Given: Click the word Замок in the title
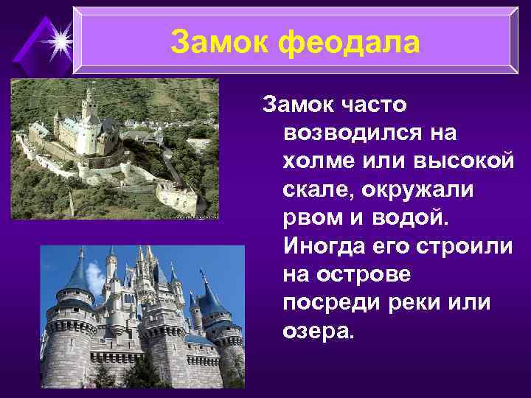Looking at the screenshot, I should [x=219, y=43].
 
